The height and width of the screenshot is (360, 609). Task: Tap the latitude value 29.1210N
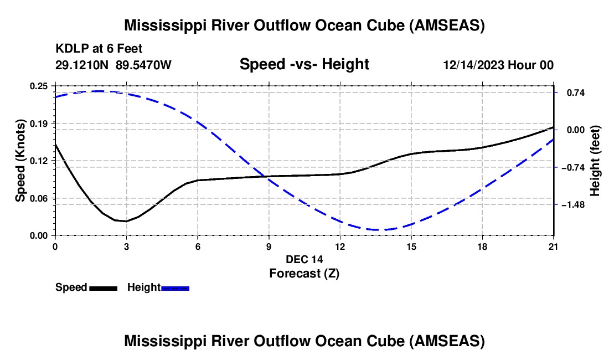pyautogui.click(x=83, y=65)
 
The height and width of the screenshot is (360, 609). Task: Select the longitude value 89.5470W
pyautogui.click(x=143, y=65)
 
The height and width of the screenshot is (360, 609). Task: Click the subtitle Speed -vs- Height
pyautogui.click(x=304, y=64)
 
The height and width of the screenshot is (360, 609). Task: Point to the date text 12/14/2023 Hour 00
pyautogui.click(x=498, y=65)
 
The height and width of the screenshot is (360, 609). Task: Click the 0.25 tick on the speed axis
pyautogui.click(x=39, y=86)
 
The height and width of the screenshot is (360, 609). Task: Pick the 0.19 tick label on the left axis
pyautogui.click(x=39, y=123)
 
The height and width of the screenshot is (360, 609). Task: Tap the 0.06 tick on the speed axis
pyautogui.click(x=39, y=198)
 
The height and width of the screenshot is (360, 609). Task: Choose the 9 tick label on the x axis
pyautogui.click(x=269, y=246)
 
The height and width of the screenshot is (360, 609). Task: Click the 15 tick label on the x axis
pyautogui.click(x=411, y=246)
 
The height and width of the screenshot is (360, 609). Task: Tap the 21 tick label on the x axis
pyautogui.click(x=554, y=246)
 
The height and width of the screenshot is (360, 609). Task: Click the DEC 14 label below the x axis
pyautogui.click(x=304, y=259)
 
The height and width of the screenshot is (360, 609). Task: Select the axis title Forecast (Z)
pyautogui.click(x=304, y=273)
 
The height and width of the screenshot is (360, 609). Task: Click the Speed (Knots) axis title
pyautogui.click(x=20, y=161)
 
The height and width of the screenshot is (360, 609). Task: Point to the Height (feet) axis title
pyautogui.click(x=596, y=161)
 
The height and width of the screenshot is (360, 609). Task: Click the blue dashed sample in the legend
pyautogui.click(x=175, y=288)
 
